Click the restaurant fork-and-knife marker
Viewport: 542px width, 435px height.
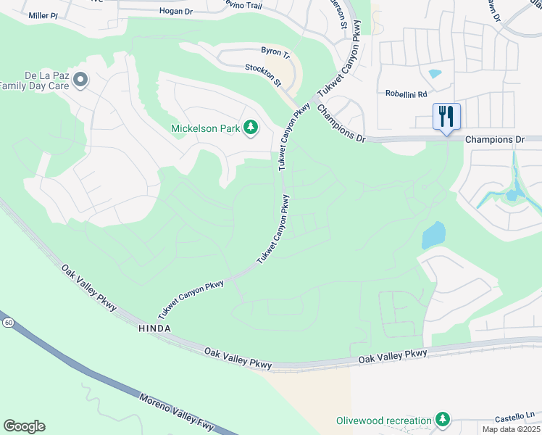pyautogui.click(x=446, y=117)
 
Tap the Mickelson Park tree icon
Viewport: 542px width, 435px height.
pyautogui.click(x=251, y=128)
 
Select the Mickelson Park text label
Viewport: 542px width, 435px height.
pyautogui.click(x=205, y=129)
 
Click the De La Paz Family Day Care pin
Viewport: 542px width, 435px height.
pyautogui.click(x=80, y=80)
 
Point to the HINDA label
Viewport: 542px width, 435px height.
pyautogui.click(x=153, y=328)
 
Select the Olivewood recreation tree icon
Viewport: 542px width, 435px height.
pyautogui.click(x=442, y=420)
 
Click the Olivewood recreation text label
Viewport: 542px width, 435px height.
pyautogui.click(x=383, y=420)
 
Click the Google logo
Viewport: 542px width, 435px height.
pyautogui.click(x=24, y=426)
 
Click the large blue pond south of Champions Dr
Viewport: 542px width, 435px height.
pyautogui.click(x=433, y=236)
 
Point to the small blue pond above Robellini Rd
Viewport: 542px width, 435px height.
pyautogui.click(x=435, y=73)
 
